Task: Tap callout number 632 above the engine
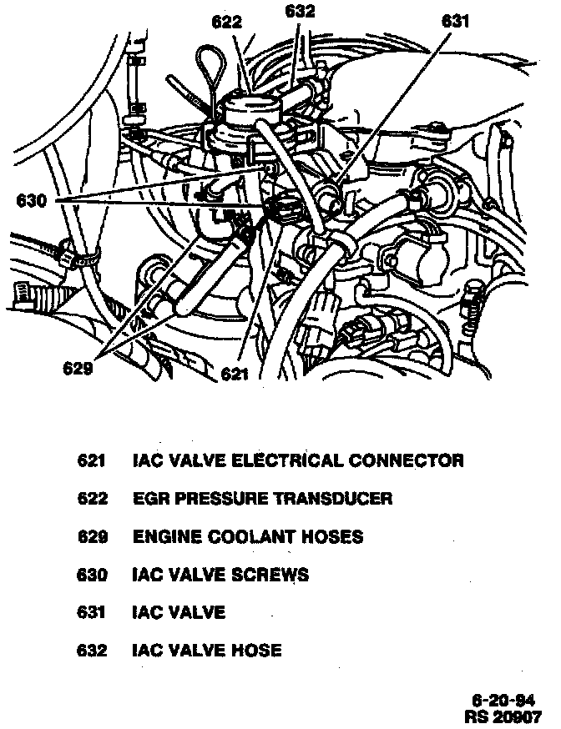[x=300, y=11]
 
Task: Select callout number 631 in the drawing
[x=456, y=22]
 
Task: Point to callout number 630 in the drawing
[x=31, y=201]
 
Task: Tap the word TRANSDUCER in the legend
[x=334, y=499]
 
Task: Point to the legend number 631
[x=93, y=612]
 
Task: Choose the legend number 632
[x=93, y=651]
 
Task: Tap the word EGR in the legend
[x=149, y=499]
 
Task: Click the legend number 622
[x=93, y=499]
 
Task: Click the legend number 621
[x=93, y=460]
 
